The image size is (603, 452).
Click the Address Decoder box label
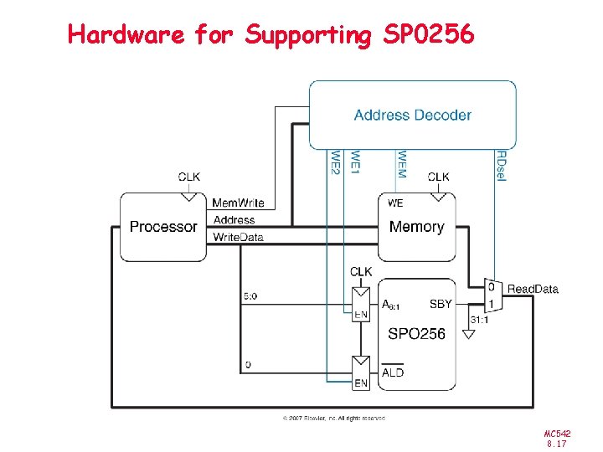412,115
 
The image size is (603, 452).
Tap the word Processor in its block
163,227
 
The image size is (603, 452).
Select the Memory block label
416,227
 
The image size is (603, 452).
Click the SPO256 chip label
416,334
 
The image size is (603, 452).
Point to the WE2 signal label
335,162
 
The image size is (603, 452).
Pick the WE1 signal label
356,162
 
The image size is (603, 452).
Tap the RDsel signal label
501,166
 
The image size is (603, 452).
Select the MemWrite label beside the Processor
238,203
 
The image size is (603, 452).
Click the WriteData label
238,238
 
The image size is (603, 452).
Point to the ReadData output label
533,290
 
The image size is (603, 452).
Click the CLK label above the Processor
189,177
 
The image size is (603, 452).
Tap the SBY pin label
441,304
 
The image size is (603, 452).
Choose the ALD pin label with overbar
393,372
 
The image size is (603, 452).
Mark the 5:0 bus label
250,295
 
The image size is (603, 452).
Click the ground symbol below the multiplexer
469,334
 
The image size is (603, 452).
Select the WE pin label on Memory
395,203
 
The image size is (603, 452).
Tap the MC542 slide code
557,434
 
